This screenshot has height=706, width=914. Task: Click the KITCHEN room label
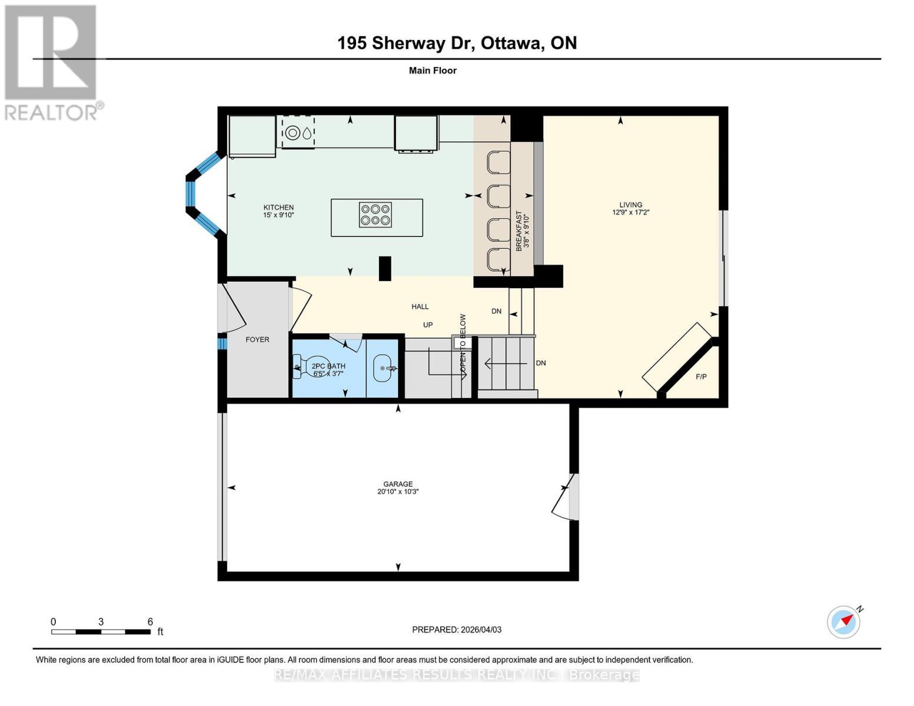tap(278, 207)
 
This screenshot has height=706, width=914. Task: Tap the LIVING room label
tap(630, 205)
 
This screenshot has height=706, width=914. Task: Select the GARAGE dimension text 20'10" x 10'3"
tap(398, 492)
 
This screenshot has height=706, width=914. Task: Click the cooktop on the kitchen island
tap(375, 215)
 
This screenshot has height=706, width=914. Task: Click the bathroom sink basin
tap(383, 368)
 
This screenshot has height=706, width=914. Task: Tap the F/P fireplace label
tap(701, 377)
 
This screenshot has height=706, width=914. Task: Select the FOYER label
tap(257, 339)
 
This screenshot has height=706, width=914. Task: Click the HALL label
tap(420, 307)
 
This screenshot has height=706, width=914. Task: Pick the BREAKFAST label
tap(519, 231)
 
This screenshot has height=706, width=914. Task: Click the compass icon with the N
tap(843, 621)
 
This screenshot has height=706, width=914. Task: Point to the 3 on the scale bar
tap(101, 622)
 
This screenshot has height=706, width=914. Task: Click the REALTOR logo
tap(52, 62)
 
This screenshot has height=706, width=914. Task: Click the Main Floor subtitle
tap(433, 71)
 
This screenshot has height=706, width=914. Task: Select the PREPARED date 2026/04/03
tap(457, 630)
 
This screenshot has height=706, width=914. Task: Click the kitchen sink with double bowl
tap(298, 133)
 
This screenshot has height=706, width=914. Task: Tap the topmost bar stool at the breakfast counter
tap(498, 162)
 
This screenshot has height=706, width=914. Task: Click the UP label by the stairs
tap(428, 325)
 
